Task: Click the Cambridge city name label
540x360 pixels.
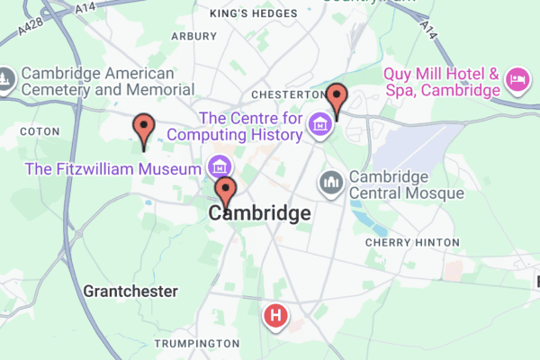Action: tap(259, 214)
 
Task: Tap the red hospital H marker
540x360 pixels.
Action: tap(275, 316)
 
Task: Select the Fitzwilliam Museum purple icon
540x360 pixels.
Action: tap(218, 166)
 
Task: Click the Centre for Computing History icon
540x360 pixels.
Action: tap(319, 126)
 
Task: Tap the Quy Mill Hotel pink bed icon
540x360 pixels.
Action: tap(517, 81)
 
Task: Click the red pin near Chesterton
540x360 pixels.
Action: tap(337, 97)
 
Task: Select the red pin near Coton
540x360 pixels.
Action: tap(143, 129)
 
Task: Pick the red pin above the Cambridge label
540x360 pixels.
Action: tap(226, 191)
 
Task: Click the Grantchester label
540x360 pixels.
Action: tap(130, 292)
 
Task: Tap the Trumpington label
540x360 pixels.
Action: tap(196, 344)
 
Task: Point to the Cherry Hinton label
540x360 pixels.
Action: tap(412, 242)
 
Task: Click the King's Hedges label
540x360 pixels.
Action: tap(252, 13)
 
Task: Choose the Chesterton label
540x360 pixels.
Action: tap(287, 94)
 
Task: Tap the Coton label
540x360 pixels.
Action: tap(40, 131)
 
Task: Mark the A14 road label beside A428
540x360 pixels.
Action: tap(85, 7)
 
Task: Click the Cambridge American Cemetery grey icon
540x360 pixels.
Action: tap(4, 81)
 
